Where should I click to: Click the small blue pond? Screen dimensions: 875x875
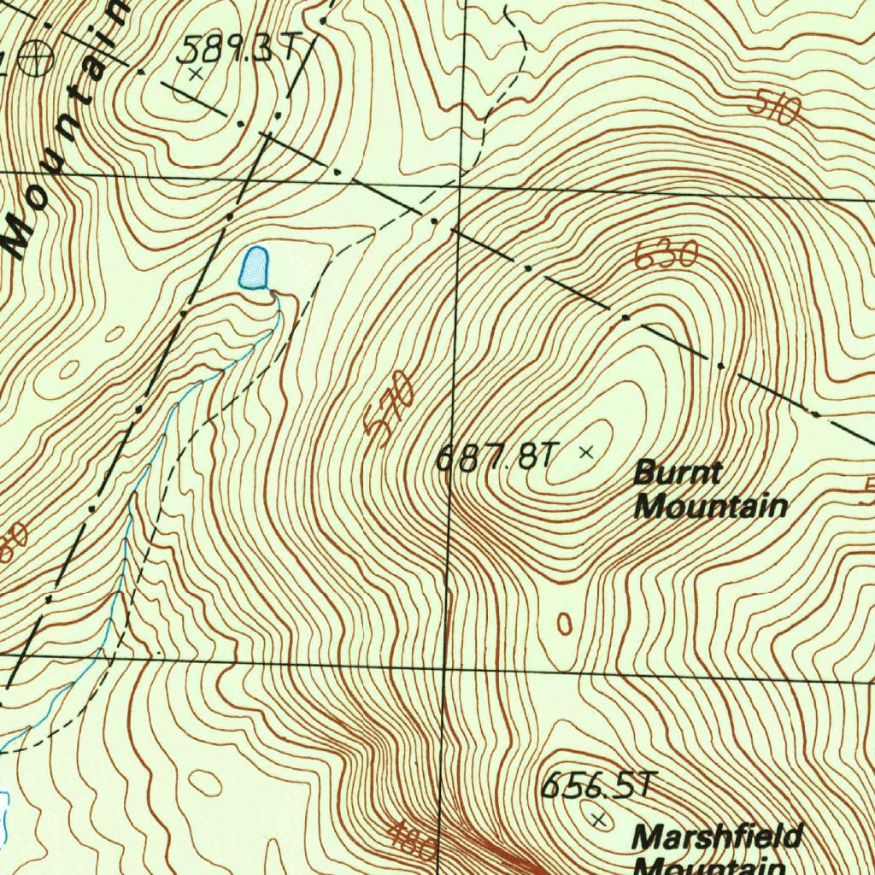(x=254, y=267)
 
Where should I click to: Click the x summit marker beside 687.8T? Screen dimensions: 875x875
(x=586, y=452)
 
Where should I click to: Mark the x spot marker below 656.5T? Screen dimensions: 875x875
(x=599, y=819)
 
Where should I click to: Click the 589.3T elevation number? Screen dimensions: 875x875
(x=236, y=51)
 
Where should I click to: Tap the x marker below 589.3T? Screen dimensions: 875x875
(x=196, y=74)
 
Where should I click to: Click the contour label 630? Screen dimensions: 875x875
(x=667, y=255)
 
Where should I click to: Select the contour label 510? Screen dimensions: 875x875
(x=774, y=108)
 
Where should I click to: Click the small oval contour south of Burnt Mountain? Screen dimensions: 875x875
(x=564, y=623)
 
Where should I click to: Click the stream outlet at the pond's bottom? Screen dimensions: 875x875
(x=273, y=293)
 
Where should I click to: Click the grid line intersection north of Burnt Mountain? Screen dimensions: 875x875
(x=458, y=185)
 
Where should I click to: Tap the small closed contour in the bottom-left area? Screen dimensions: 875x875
(x=204, y=782)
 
